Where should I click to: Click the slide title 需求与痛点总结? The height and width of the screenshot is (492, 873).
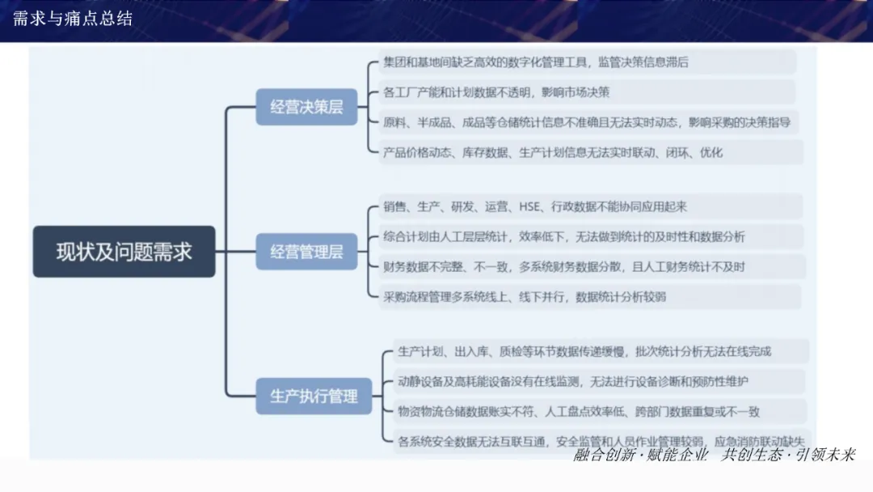tap(73, 19)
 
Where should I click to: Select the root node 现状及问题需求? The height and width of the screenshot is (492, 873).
tap(124, 252)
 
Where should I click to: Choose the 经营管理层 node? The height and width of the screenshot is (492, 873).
tap(306, 252)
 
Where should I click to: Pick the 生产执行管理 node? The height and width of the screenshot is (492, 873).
tap(314, 397)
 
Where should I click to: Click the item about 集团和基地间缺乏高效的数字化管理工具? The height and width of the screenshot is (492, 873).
tap(537, 62)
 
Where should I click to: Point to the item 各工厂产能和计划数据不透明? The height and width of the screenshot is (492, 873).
tap(497, 92)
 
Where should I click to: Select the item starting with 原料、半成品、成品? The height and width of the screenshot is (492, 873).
tap(587, 123)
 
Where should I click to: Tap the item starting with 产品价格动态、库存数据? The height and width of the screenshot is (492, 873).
tap(554, 152)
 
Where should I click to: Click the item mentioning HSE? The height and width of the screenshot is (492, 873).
tap(536, 207)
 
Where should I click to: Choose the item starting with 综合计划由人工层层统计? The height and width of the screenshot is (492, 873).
tap(564, 237)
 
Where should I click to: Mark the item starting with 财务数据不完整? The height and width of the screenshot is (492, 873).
tap(564, 267)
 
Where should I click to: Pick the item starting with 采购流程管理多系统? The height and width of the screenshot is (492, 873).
tap(525, 297)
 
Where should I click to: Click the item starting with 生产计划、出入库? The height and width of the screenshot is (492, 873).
tap(584, 351)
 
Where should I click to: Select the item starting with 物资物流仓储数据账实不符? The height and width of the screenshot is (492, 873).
tap(579, 411)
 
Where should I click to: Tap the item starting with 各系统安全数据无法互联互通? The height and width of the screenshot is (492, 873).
tap(598, 441)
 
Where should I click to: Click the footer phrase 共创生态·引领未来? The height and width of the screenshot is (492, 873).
tap(788, 455)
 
